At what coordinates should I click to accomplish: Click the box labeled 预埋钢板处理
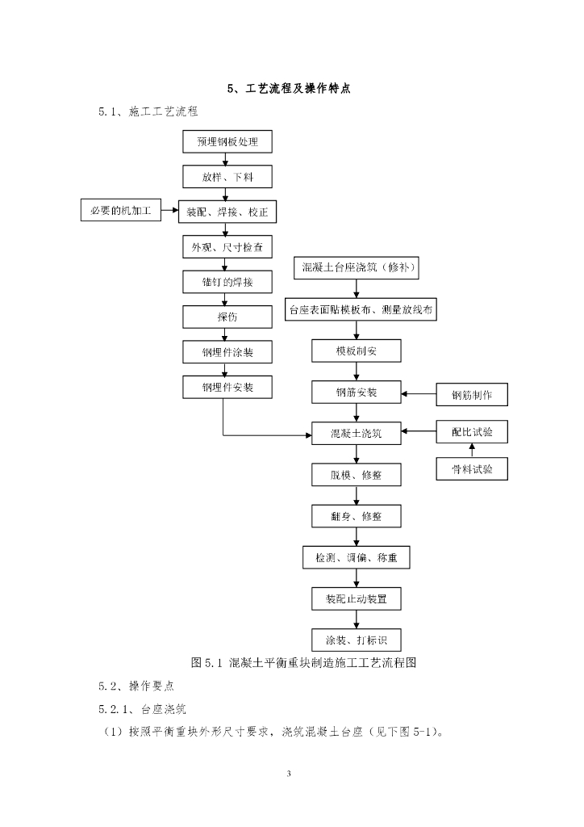click(x=227, y=142)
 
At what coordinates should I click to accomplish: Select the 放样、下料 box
click(x=227, y=177)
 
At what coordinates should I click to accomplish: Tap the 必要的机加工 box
click(x=120, y=212)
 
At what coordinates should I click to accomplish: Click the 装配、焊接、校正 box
click(x=227, y=212)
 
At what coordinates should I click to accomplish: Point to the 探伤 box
click(x=227, y=317)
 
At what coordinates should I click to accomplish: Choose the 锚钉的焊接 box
click(x=227, y=281)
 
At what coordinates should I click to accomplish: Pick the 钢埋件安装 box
click(x=227, y=388)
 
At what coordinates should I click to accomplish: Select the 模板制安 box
click(x=356, y=351)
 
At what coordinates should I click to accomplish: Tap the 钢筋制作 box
click(x=472, y=395)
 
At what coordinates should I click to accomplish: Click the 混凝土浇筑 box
click(x=356, y=433)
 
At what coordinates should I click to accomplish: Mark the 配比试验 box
click(x=472, y=432)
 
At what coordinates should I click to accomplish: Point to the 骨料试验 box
click(x=472, y=468)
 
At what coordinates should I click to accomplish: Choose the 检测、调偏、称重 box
click(x=356, y=557)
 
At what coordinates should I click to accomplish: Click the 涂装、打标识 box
click(x=356, y=640)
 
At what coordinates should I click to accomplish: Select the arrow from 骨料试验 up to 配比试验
click(x=472, y=450)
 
